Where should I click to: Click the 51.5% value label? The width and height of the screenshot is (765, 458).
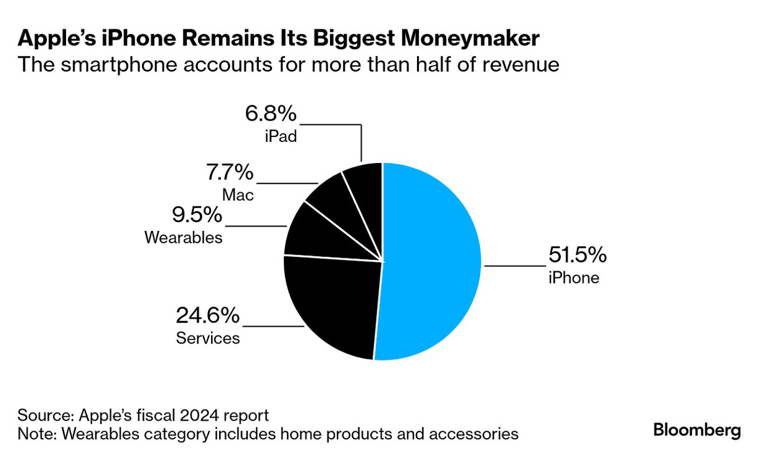pos(577,255)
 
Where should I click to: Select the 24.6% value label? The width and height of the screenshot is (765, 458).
pos(207,316)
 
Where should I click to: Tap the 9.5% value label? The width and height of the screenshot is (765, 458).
pos(197,215)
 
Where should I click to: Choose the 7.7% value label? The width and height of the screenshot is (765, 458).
pos(229,172)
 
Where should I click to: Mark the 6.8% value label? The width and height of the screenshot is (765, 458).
pos(271,114)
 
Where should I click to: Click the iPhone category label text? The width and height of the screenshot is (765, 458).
pos(573,278)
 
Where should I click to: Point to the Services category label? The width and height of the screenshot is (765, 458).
pos(208,338)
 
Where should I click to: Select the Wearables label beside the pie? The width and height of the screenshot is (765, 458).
pos(183,237)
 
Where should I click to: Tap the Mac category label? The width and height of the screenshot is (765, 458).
pos(238,194)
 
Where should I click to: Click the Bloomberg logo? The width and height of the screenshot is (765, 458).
pos(697,430)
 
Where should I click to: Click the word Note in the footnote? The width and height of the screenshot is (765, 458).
pos(35,433)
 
